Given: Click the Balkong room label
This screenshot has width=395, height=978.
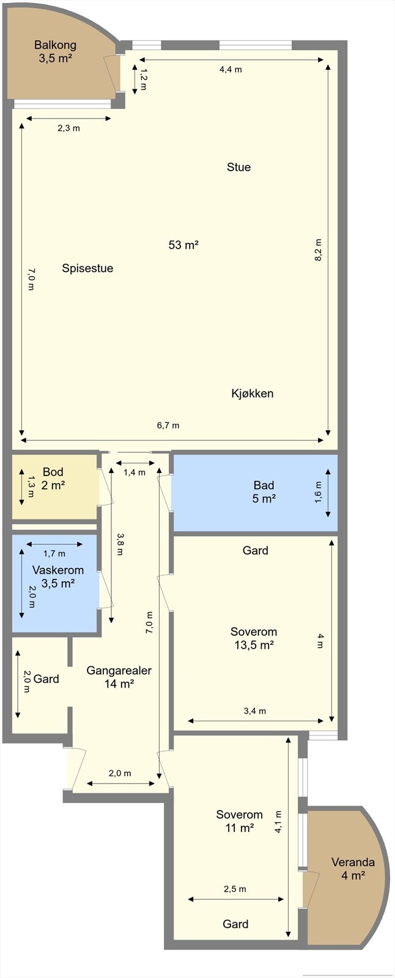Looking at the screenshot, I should [55, 45].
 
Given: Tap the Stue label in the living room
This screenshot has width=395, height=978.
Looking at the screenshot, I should [238, 167].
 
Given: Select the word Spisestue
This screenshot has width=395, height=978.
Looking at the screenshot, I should [87, 268].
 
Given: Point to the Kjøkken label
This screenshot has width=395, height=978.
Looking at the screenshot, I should [252, 393].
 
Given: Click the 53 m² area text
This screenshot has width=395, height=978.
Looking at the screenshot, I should [183, 245].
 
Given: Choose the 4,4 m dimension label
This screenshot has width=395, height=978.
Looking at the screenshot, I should [231, 69].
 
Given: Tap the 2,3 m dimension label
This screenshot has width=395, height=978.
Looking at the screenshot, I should [68, 128].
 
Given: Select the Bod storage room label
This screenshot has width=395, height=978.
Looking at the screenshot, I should [53, 472].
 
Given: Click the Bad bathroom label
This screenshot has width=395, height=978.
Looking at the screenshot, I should [264, 485].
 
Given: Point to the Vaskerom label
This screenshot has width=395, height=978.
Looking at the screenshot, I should [58, 570].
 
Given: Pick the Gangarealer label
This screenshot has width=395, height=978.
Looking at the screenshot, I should [119, 670].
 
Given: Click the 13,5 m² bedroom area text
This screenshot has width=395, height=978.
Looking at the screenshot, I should [254, 645].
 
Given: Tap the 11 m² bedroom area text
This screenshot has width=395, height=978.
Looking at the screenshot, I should [239, 828].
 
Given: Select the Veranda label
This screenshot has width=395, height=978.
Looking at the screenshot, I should [353, 862].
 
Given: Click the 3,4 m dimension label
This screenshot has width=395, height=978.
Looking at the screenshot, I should [255, 711].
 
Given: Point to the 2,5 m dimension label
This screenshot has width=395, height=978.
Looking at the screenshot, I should [235, 889].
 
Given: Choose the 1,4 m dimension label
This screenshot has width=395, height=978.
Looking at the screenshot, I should [135, 472].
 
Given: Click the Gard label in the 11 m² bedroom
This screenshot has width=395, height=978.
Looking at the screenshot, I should [235, 924].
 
